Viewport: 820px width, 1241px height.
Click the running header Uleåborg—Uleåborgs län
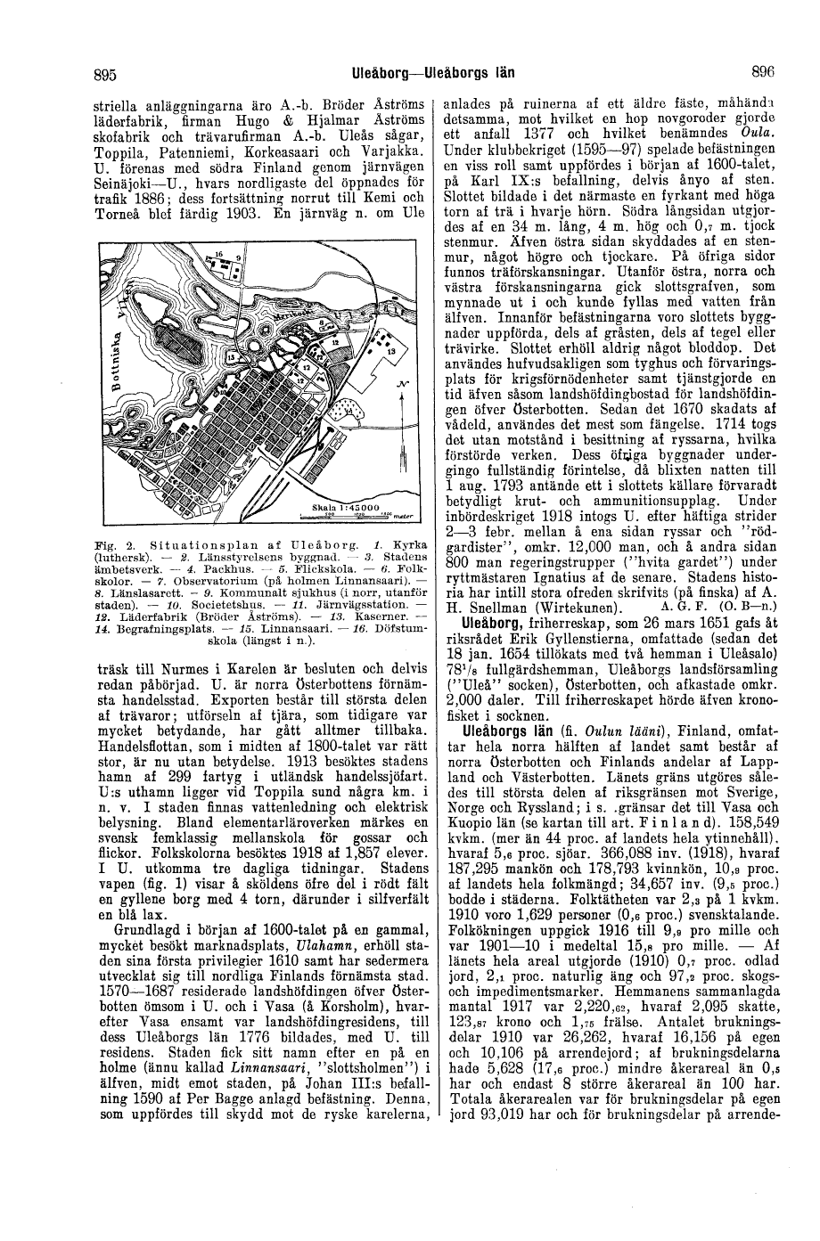pyautogui.click(x=435, y=73)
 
